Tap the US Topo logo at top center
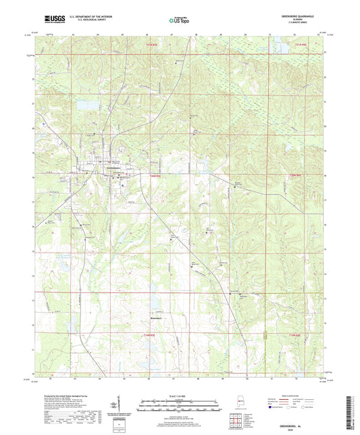coord(179,21)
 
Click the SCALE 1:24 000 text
coord(180,396)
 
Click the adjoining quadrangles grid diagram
coord(234,420)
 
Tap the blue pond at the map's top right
coord(278,47)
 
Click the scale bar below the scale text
coord(180,406)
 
